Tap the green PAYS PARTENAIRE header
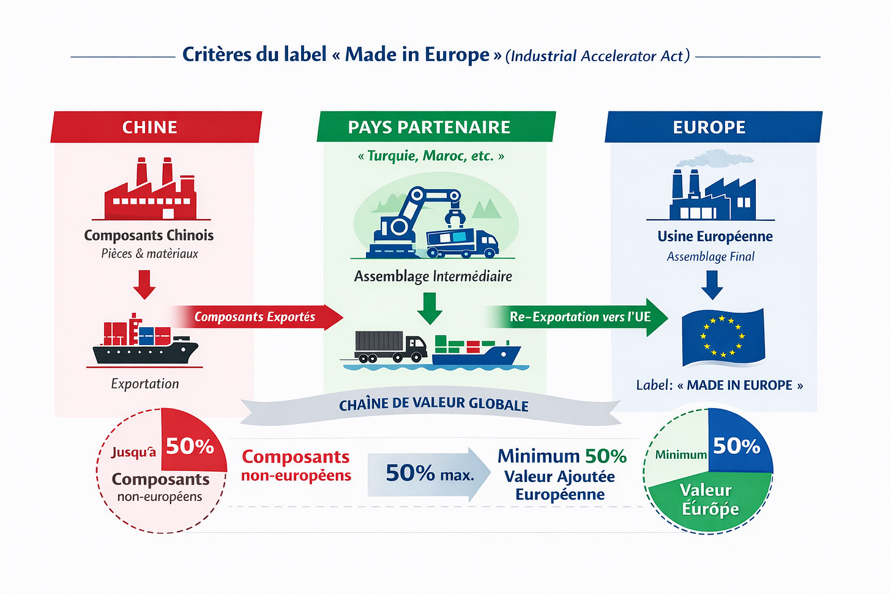435,127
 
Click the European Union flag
723,337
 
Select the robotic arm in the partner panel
416,211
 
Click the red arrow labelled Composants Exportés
257,317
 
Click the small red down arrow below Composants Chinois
144,284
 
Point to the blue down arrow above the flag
712,284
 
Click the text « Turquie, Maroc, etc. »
431,156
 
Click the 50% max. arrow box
428,473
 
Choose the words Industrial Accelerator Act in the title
597,56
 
